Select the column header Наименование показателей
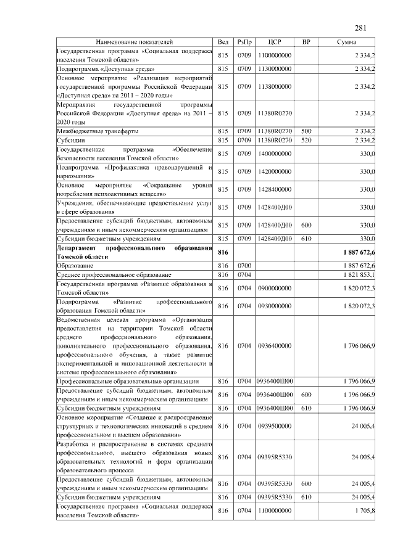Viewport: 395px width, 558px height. point(135,42)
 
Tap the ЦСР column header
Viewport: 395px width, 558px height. point(275,42)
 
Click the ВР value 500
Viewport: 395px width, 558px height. point(306,132)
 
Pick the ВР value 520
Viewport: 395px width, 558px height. point(306,141)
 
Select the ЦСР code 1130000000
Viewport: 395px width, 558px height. point(275,70)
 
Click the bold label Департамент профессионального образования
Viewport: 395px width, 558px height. point(135,252)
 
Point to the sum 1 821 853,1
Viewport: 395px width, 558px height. point(356,274)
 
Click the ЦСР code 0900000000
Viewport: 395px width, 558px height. point(275,288)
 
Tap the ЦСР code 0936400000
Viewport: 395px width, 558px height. point(275,346)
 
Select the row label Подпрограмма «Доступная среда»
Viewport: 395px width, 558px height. point(102,70)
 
